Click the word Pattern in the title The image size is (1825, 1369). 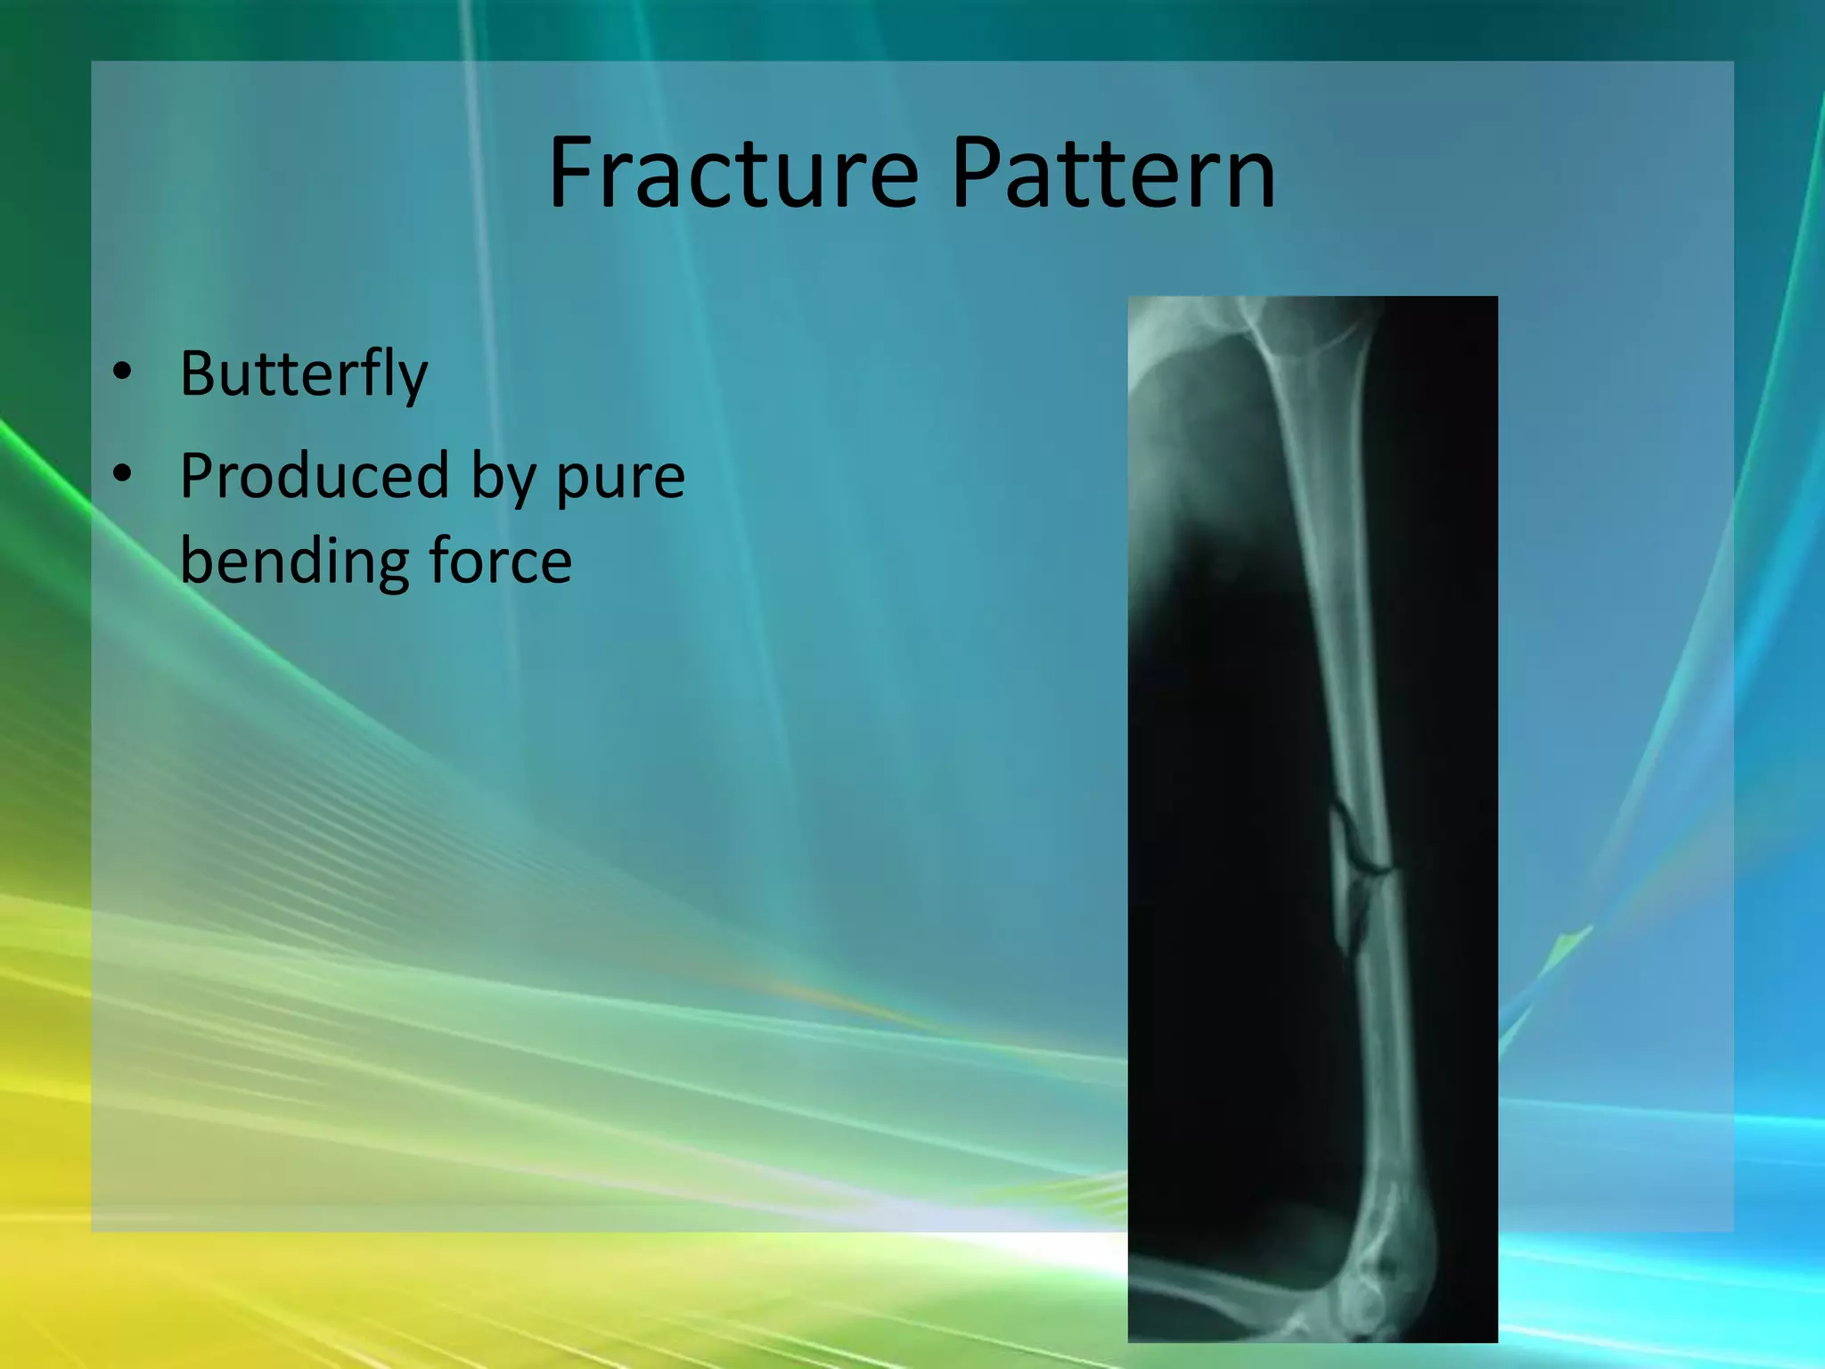[1113, 174]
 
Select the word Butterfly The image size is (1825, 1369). [303, 374]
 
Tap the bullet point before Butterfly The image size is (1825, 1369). [122, 373]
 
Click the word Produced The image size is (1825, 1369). [314, 477]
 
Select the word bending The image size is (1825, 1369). [291, 562]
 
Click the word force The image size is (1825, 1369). [500, 562]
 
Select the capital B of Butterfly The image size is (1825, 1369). [198, 374]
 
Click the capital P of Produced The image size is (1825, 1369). [198, 477]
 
